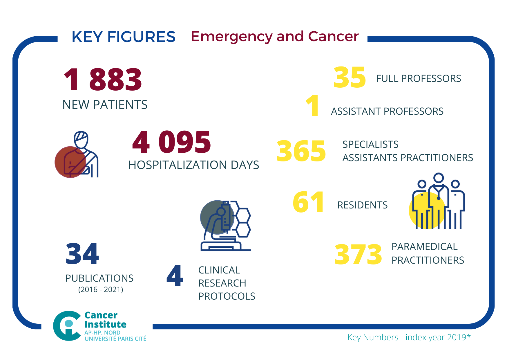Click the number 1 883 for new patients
103,79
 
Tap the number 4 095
171,142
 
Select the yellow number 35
350,78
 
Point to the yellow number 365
301,151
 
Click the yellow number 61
308,202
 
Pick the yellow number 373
358,255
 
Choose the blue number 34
82,254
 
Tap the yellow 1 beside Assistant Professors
312,106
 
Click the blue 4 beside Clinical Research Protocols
175,276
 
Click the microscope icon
226,226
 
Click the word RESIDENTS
362,205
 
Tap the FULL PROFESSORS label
418,78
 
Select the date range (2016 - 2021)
101,289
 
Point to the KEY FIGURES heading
123,37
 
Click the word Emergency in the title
231,37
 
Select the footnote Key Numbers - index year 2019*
409,337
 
